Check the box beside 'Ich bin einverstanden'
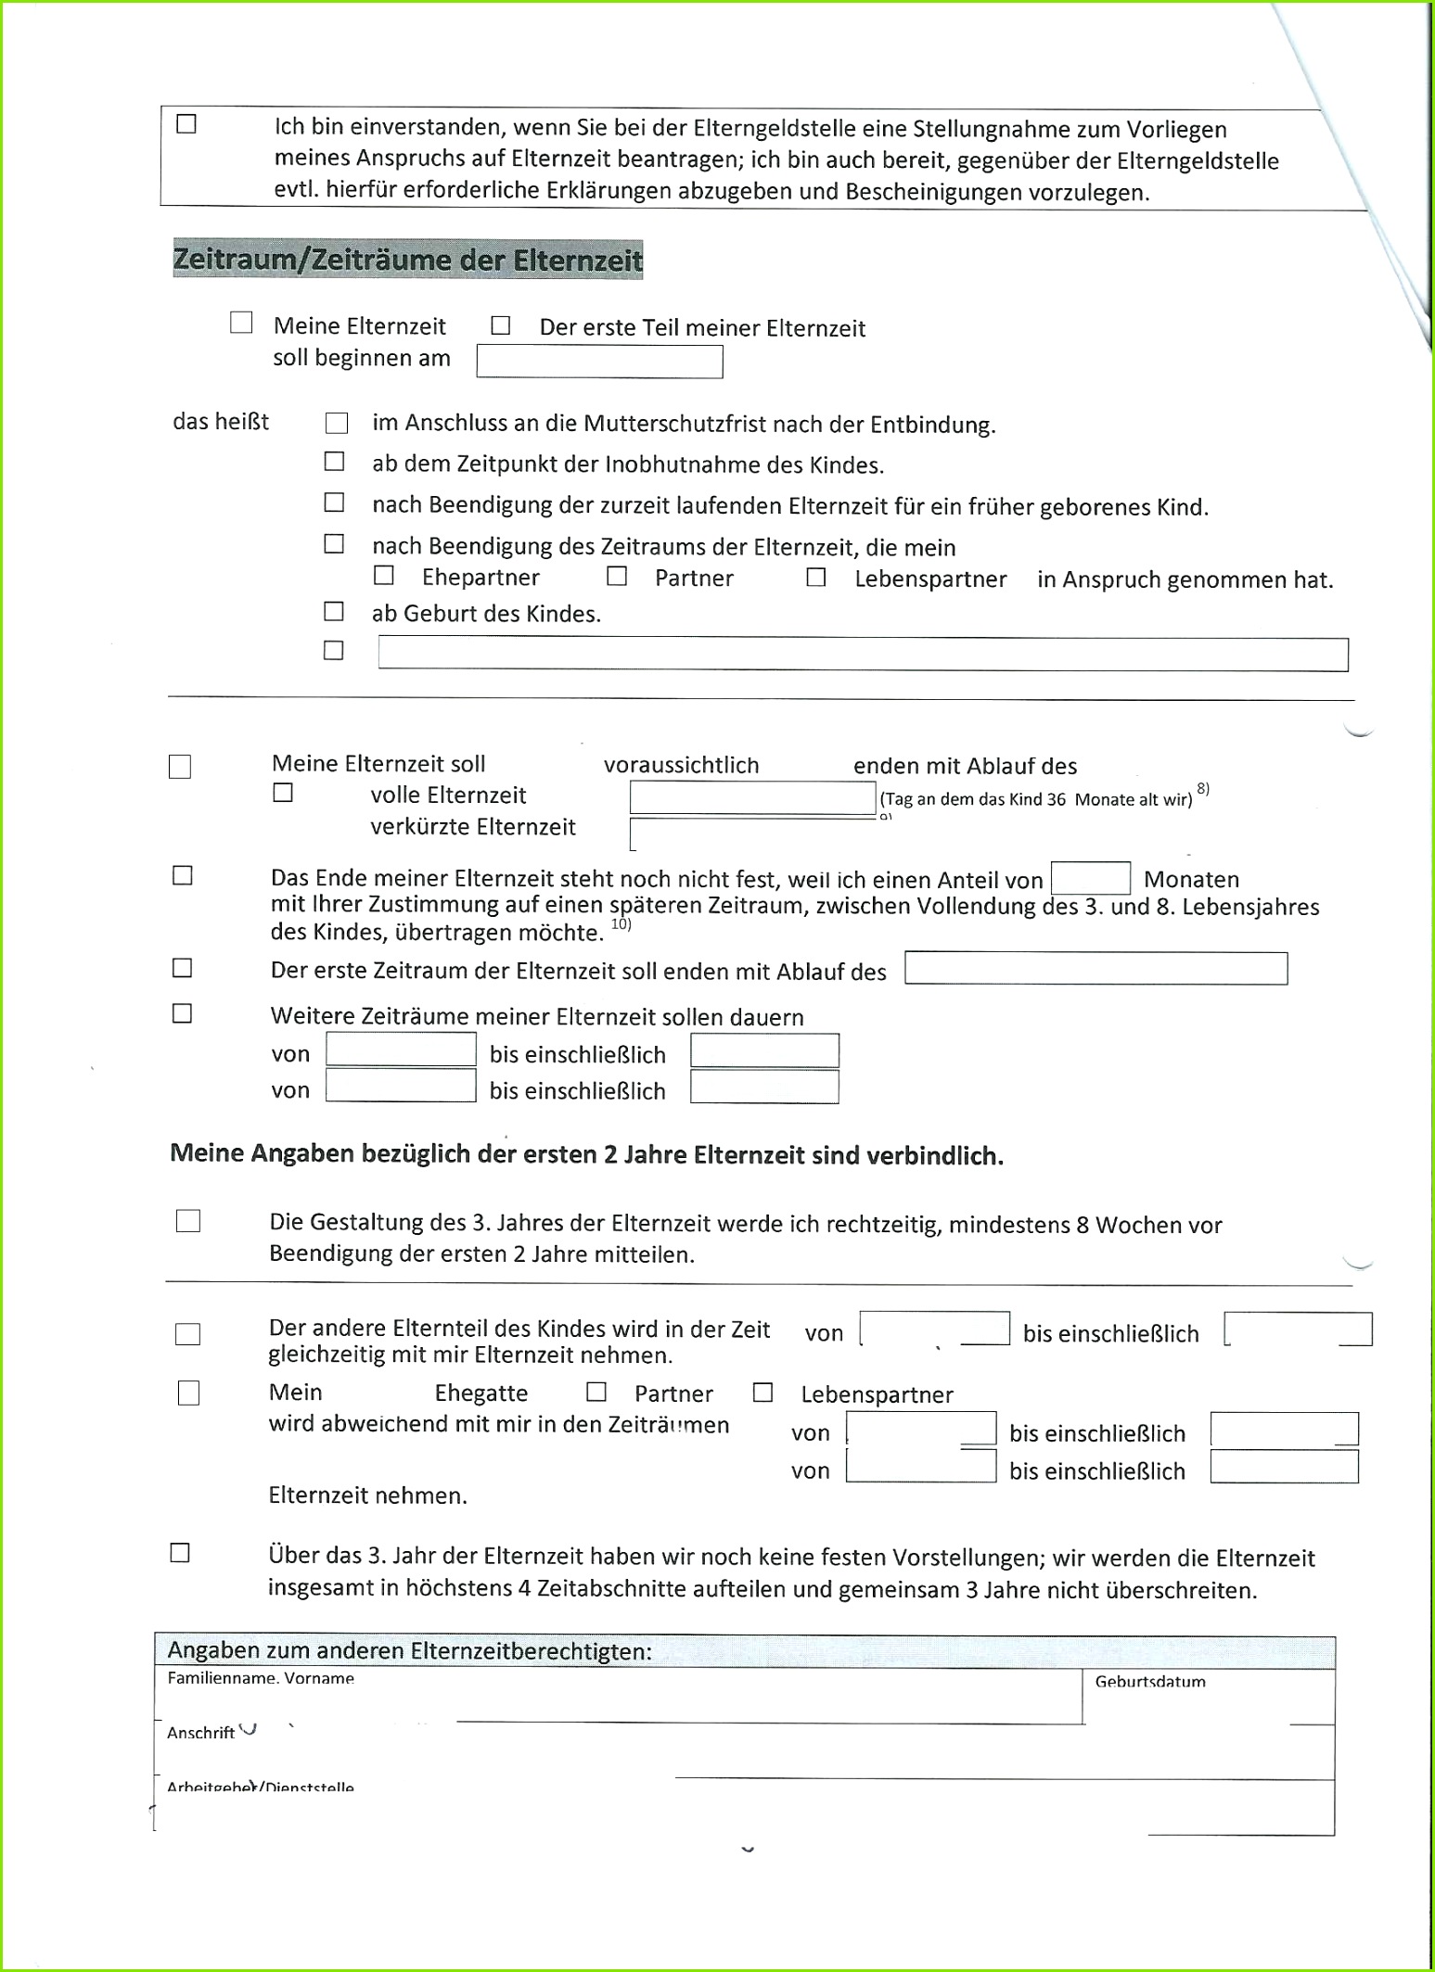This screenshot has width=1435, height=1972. (186, 124)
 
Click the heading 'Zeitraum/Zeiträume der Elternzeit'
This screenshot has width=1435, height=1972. (407, 260)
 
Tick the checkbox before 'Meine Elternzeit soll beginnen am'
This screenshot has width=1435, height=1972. (241, 323)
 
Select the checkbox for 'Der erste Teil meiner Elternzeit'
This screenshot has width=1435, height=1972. (501, 325)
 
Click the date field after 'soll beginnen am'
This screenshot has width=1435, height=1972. (599, 362)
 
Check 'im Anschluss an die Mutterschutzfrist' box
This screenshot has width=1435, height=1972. (337, 424)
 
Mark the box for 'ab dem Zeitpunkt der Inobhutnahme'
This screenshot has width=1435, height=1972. (334, 462)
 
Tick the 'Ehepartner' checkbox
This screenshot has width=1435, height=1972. (384, 576)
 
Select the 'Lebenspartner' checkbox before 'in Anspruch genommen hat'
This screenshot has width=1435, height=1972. (816, 578)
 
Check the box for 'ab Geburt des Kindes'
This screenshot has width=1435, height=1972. (334, 612)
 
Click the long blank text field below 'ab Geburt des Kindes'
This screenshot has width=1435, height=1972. (863, 655)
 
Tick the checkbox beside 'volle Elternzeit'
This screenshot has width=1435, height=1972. (283, 793)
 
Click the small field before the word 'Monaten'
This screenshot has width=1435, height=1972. (1090, 878)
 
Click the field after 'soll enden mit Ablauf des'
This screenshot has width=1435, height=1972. (1095, 969)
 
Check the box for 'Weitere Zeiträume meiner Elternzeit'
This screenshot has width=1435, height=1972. (183, 1013)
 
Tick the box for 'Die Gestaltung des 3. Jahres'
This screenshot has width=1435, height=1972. (188, 1221)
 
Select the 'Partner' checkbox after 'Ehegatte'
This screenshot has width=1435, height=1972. (596, 1392)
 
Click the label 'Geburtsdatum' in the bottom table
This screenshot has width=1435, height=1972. (1150, 1682)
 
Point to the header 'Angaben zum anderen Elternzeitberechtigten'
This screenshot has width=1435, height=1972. (409, 1651)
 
